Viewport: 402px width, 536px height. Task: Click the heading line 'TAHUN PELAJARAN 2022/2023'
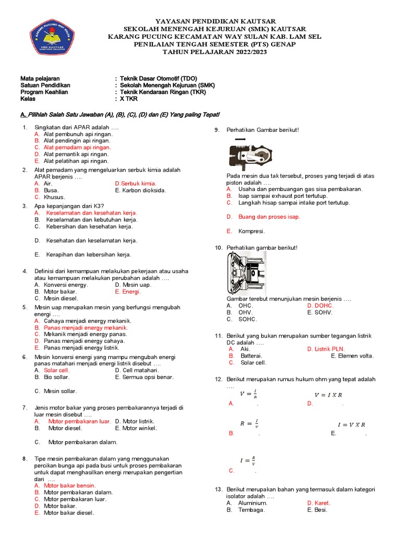pos(215,52)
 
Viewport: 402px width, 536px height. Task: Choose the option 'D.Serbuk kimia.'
pos(136,184)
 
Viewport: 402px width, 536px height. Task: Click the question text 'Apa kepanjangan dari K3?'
pos(69,206)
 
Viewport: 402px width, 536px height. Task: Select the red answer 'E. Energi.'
pos(128,292)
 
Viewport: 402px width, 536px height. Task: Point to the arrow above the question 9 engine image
pos(241,139)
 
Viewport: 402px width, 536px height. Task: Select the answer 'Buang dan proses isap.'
pos(269,217)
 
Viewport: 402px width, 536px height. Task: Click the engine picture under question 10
pos(246,273)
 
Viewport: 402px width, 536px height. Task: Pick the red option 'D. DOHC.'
pos(320,305)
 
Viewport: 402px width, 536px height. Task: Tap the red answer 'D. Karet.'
pos(319,503)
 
